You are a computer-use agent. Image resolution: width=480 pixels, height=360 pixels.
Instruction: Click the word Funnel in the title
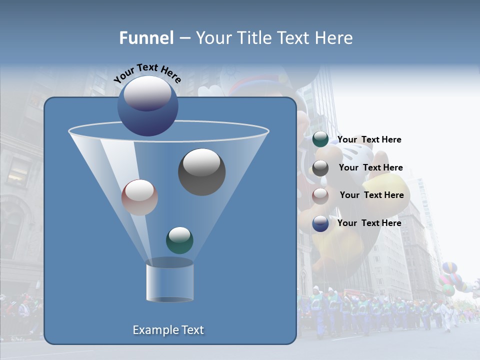click(146, 38)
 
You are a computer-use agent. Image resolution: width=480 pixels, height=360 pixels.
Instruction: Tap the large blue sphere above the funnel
click(147, 106)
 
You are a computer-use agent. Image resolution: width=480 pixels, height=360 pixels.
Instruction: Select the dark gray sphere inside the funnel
click(201, 172)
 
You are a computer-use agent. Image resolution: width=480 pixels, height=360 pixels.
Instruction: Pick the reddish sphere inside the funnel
click(139, 197)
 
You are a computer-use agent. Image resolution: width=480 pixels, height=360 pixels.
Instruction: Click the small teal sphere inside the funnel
click(179, 240)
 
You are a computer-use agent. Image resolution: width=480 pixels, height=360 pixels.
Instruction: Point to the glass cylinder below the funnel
click(169, 283)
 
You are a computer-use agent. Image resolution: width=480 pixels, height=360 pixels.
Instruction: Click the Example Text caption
click(168, 330)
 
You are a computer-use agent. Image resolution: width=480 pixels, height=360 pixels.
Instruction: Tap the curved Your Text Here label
click(147, 73)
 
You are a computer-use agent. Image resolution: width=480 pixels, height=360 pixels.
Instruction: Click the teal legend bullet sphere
click(320, 139)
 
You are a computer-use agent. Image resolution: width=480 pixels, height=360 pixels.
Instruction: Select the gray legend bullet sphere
click(320, 168)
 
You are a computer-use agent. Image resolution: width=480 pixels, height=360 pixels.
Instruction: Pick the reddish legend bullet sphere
click(320, 195)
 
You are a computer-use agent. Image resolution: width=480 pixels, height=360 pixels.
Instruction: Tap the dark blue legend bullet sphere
click(320, 223)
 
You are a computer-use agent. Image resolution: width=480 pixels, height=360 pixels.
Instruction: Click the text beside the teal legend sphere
click(369, 140)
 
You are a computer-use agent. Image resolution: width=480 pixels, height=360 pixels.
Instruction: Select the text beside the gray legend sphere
click(370, 168)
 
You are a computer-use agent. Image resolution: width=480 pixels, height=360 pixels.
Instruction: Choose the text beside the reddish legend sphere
click(371, 195)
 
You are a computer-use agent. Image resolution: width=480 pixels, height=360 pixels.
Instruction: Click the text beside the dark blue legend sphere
click(369, 223)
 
